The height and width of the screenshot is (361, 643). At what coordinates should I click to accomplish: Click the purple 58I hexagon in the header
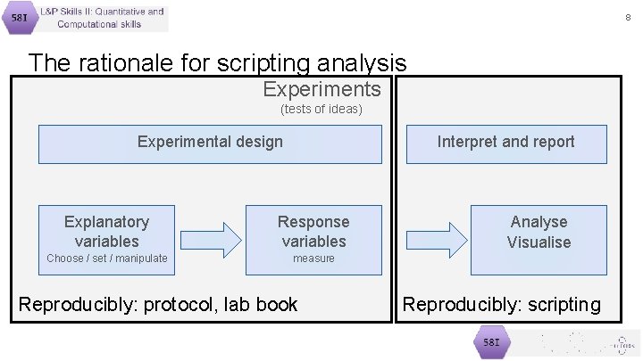(x=19, y=18)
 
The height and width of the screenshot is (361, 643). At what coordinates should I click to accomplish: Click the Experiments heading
(x=321, y=89)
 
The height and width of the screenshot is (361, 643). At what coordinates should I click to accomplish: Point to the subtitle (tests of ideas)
(x=321, y=109)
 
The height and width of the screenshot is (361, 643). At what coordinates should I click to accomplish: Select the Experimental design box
(x=210, y=144)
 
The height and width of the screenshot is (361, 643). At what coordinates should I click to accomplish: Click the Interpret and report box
(x=505, y=144)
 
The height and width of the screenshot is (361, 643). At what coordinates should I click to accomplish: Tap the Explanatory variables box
(x=106, y=231)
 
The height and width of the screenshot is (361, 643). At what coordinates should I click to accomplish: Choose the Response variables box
(x=313, y=231)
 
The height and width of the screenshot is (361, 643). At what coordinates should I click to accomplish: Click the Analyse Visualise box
(x=539, y=232)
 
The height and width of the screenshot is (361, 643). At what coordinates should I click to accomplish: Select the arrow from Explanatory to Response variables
(x=211, y=237)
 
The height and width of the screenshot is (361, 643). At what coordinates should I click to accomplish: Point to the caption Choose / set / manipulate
(x=106, y=258)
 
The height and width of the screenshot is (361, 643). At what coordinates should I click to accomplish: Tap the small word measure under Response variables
(x=313, y=258)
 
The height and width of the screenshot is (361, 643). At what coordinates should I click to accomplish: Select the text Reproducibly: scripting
(x=502, y=304)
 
